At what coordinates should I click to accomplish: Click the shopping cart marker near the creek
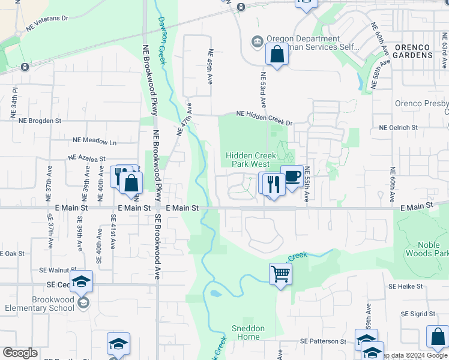(x=280, y=275)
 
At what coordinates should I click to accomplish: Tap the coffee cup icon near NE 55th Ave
(x=292, y=176)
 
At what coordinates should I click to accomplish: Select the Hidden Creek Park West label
(x=251, y=160)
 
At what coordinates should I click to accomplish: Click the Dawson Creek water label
(x=162, y=33)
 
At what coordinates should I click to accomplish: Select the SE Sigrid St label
(x=418, y=314)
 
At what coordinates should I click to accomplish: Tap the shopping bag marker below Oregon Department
(x=277, y=54)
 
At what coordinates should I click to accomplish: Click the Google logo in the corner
(x=20, y=353)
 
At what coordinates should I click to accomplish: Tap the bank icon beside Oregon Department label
(x=258, y=41)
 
